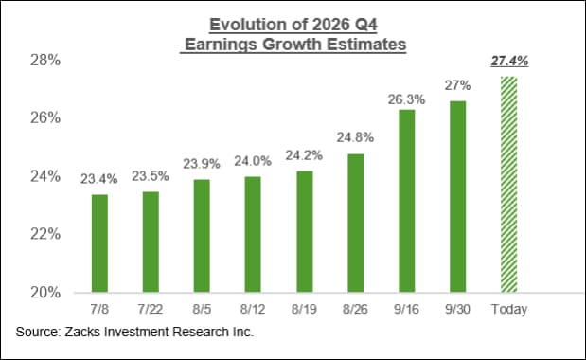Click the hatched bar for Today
coord(509,185)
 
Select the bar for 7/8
coord(99,243)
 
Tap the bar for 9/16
coord(407,201)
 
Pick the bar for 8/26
coord(355,224)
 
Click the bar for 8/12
coord(253,234)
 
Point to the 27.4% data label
coord(509,61)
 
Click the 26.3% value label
coord(406,99)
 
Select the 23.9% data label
coord(202,164)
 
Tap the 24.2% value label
coord(304,155)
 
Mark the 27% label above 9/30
coord(458,85)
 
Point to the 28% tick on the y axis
coord(45,60)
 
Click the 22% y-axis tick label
coord(45,234)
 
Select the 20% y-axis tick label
coord(45,293)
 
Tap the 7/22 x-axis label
coord(151,309)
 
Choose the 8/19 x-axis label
coord(304,309)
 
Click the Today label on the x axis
coord(509,309)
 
